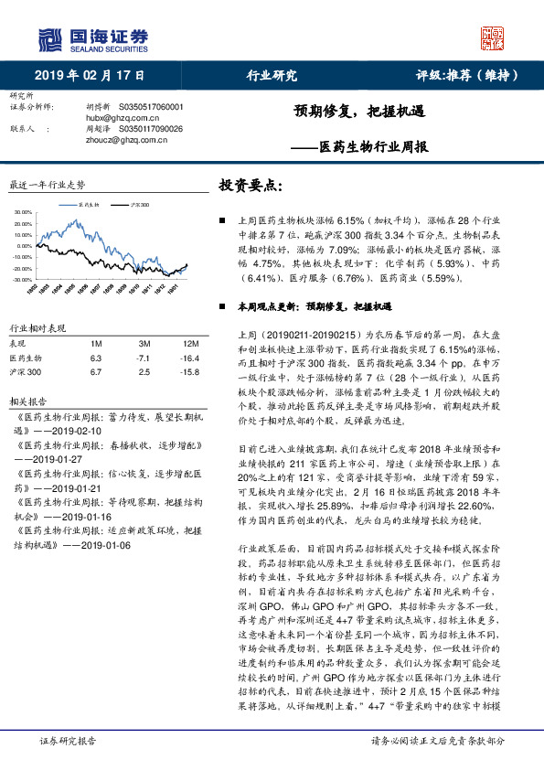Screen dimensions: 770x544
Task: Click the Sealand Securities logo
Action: pos(91,38)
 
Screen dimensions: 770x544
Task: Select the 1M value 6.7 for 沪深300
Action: pos(95,372)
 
